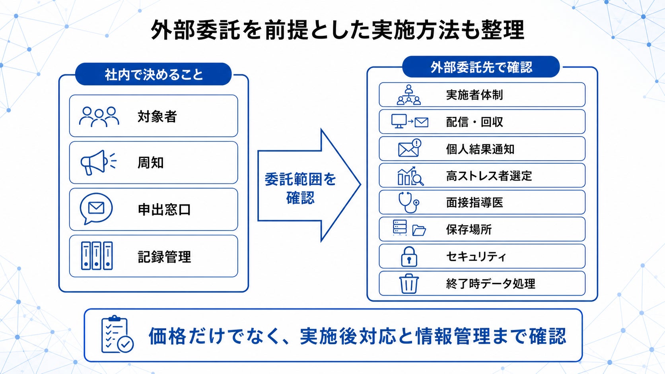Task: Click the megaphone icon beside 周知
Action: pyautogui.click(x=98, y=163)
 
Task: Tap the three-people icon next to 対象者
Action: pyautogui.click(x=99, y=116)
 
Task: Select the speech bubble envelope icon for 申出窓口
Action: pyautogui.click(x=96, y=209)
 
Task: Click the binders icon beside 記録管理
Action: pyautogui.click(x=97, y=256)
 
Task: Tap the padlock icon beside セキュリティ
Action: pyautogui.click(x=409, y=257)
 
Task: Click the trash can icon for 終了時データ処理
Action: pyautogui.click(x=409, y=283)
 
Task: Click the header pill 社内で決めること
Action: pyautogui.click(x=154, y=74)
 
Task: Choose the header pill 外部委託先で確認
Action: pyautogui.click(x=481, y=67)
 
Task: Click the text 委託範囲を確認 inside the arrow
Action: pyautogui.click(x=300, y=189)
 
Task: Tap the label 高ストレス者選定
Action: pyautogui.click(x=489, y=176)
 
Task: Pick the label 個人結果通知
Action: pyautogui.click(x=480, y=149)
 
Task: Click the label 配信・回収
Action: pyautogui.click(x=474, y=122)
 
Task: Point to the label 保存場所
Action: pyautogui.click(x=469, y=230)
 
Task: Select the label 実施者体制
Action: pyautogui.click(x=474, y=95)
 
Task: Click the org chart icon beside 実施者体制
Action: pyautogui.click(x=409, y=95)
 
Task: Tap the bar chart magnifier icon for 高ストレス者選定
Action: pyautogui.click(x=410, y=176)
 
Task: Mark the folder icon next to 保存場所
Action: pyautogui.click(x=419, y=231)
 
